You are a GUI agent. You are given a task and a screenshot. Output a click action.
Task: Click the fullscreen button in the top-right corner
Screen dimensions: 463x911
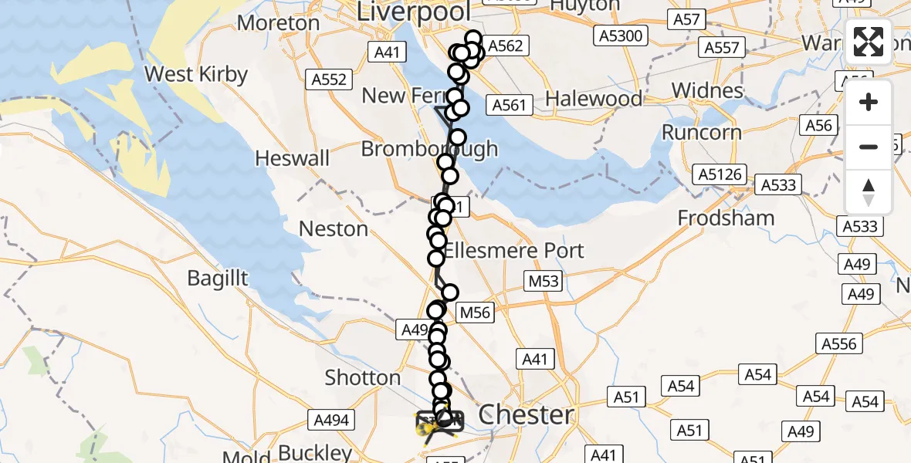tap(869, 42)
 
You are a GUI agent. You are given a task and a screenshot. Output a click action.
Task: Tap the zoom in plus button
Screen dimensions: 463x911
tap(869, 102)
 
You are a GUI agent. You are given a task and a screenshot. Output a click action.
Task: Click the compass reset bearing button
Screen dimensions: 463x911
tap(869, 192)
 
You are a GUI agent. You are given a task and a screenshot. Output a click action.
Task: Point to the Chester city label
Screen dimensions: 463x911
tap(527, 414)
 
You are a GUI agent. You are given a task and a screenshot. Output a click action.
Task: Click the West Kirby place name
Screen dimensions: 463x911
tap(196, 75)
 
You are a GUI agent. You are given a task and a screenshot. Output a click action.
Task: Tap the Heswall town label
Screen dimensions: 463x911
tap(293, 159)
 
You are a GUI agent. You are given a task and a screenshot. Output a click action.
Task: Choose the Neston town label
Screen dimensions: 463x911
tap(334, 229)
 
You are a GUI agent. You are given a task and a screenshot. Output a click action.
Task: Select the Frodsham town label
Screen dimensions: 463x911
tap(726, 218)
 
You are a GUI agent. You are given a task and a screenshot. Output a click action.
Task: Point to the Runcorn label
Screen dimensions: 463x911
tap(702, 132)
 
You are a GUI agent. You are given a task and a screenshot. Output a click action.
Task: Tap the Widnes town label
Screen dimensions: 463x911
tap(707, 90)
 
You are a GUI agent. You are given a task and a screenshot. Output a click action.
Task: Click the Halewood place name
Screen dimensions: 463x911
tap(594, 99)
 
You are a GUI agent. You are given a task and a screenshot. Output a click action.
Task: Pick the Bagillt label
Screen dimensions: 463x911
tap(218, 278)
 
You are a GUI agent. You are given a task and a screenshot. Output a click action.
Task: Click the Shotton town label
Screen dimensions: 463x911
tap(363, 378)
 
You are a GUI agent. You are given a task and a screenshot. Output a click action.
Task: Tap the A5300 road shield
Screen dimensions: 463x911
tap(620, 35)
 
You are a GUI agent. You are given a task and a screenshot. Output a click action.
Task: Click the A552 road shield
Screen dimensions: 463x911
tap(330, 79)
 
